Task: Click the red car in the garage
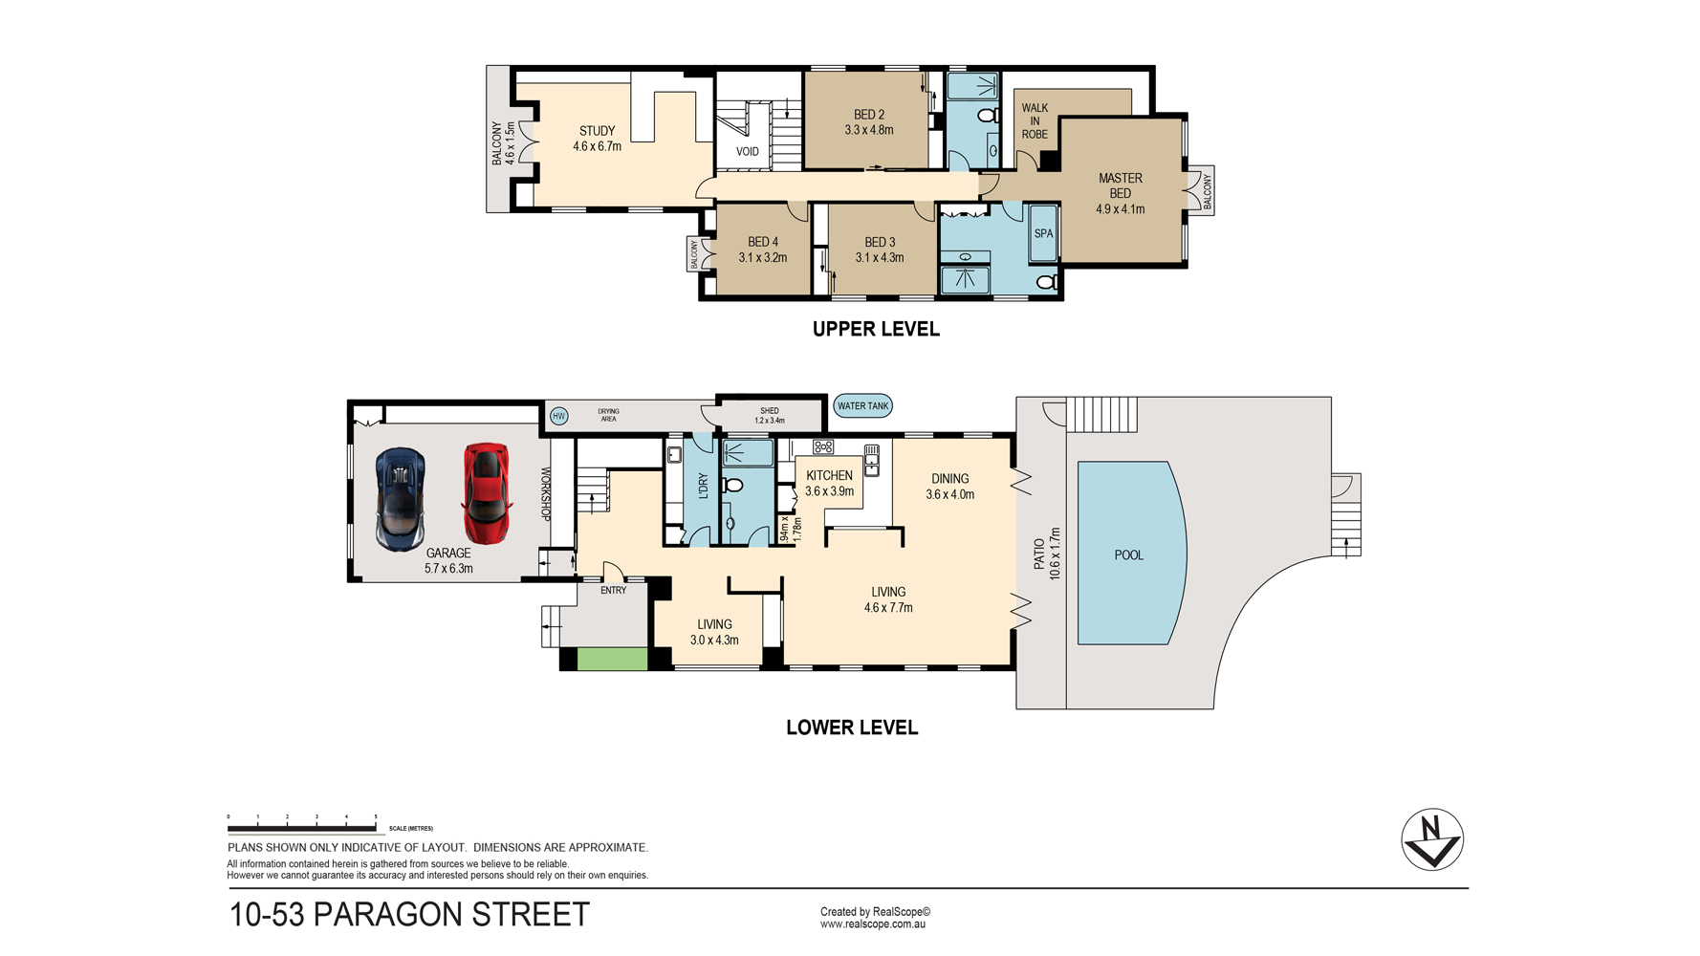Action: click(x=487, y=492)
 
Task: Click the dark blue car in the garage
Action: click(x=401, y=499)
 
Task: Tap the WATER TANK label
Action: click(x=862, y=406)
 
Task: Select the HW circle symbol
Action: click(x=559, y=416)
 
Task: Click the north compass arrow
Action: click(x=1432, y=839)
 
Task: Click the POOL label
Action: click(x=1129, y=554)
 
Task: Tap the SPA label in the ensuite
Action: click(x=1043, y=233)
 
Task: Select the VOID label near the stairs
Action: click(x=748, y=152)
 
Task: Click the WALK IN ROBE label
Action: click(x=1035, y=121)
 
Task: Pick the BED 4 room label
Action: click(x=763, y=242)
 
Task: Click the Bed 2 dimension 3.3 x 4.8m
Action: click(x=869, y=130)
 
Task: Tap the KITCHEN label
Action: click(x=829, y=475)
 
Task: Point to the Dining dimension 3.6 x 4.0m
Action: click(x=950, y=494)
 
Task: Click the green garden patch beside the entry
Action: click(x=613, y=659)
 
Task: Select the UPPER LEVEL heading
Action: click(x=876, y=329)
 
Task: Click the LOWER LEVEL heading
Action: click(x=852, y=728)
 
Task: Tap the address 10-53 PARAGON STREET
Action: click(x=409, y=915)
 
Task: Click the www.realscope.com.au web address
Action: click(x=873, y=924)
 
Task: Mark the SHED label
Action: click(x=770, y=411)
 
